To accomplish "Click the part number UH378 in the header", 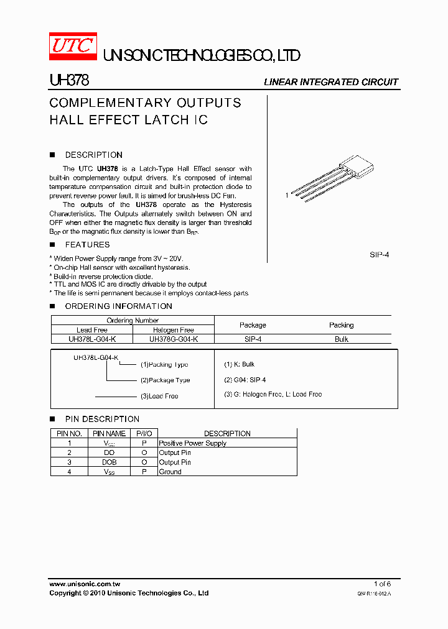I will click(x=69, y=81).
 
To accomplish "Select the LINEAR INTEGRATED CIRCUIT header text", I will click(x=331, y=82).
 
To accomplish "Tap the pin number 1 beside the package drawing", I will click(x=287, y=195).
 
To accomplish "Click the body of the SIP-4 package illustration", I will click(x=357, y=167).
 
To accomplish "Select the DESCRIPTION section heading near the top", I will click(x=93, y=155).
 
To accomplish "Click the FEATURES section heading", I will click(x=87, y=245).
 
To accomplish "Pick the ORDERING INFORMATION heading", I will click(x=118, y=306).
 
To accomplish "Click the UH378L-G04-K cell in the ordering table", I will click(x=92, y=339).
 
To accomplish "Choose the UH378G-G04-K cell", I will click(x=174, y=339).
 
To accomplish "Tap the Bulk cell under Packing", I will click(x=341, y=339).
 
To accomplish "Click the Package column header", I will click(x=253, y=325).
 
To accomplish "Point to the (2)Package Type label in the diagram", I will click(x=165, y=380).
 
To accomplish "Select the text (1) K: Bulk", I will click(x=240, y=364).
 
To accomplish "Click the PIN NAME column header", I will click(x=109, y=434).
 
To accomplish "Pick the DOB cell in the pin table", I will click(x=109, y=462).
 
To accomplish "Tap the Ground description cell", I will click(x=170, y=472).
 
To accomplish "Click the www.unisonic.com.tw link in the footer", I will click(x=85, y=584).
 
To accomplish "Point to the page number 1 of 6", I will click(x=382, y=584).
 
